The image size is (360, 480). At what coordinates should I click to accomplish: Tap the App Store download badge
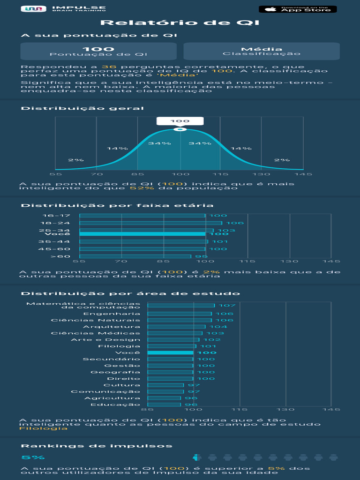coord(298,9)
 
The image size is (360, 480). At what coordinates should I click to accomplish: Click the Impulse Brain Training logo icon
coord(33,9)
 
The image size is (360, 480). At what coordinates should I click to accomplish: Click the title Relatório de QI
coord(180,23)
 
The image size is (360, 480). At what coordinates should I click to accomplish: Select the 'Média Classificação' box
coord(261,51)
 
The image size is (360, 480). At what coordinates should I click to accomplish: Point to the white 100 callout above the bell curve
coord(180,121)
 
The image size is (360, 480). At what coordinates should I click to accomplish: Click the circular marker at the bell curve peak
coord(180,129)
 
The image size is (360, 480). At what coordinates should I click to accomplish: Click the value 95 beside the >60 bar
coord(201,256)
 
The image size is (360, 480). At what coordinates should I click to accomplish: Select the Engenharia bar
coord(180,314)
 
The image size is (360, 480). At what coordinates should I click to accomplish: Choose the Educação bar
coord(164,405)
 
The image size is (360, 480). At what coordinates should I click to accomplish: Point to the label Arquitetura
coord(112,327)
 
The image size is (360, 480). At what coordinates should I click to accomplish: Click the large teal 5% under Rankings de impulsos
coord(33,457)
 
